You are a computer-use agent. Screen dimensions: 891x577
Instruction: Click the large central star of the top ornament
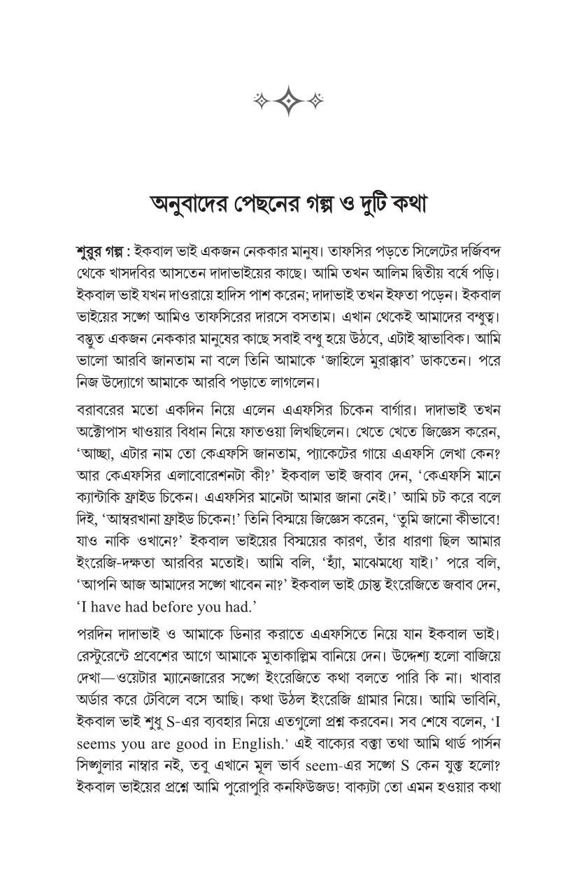(x=288, y=101)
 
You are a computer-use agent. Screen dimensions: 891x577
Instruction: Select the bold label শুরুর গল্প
(x=98, y=251)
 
